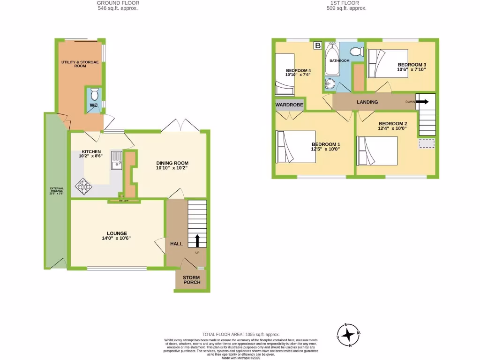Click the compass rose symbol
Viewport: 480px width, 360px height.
point(348,335)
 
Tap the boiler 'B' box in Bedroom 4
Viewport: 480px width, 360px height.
point(317,45)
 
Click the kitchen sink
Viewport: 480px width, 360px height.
point(116,160)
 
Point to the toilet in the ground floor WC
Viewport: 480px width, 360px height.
point(94,94)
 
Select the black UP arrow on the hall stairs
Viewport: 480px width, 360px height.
point(197,240)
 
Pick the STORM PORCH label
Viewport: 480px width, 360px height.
point(191,279)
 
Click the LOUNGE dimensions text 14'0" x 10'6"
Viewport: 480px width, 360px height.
point(117,238)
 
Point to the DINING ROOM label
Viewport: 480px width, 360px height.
point(172,163)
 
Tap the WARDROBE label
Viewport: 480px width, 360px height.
point(289,105)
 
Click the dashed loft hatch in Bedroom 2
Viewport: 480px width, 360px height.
point(426,144)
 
